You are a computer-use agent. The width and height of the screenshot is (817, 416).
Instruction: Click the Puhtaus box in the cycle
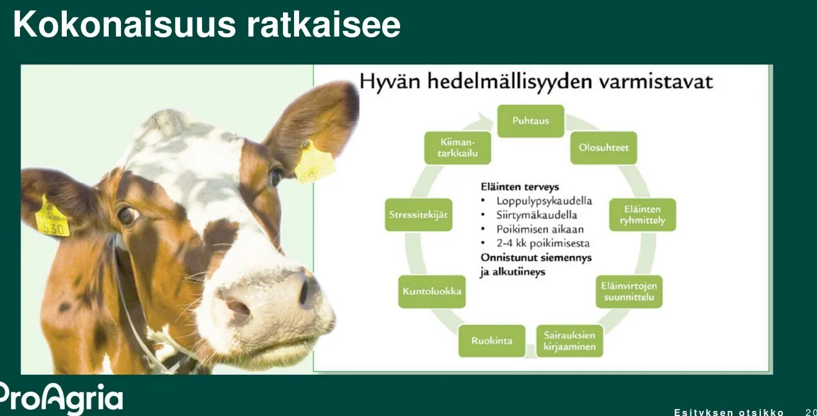530,121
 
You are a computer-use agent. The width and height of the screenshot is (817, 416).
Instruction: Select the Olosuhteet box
603,148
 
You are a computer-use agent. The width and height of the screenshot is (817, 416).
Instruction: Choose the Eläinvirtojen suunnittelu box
629,291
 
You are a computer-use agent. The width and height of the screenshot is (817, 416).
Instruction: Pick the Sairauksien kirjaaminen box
569,341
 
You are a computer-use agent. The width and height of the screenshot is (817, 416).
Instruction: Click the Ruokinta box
491,341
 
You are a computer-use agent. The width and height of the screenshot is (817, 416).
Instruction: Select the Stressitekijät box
418,215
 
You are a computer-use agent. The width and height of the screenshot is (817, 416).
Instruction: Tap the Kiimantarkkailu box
457,148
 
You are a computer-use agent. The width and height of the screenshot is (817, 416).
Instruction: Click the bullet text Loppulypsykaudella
544,201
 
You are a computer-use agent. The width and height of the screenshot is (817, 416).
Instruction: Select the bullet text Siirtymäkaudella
537,215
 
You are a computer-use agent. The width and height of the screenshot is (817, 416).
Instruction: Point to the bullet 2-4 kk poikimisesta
542,243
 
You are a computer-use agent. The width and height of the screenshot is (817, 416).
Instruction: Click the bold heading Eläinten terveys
520,186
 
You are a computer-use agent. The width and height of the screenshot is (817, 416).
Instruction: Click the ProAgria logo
61,397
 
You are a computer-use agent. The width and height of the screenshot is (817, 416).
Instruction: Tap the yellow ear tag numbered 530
51,219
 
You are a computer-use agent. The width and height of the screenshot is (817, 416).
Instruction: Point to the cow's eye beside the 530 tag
127,215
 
